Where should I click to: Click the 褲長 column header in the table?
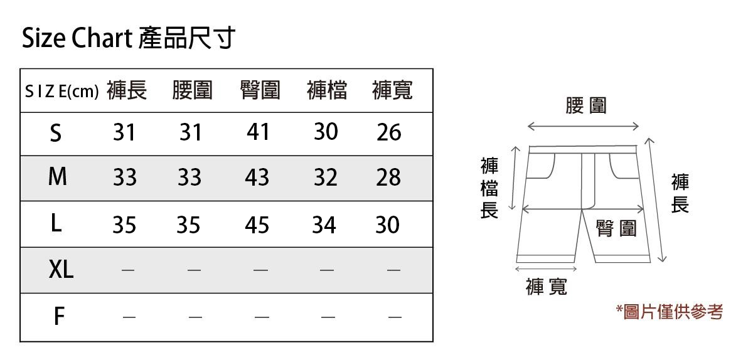point(127,91)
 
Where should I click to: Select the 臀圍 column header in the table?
point(259,91)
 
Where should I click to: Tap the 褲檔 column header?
point(326,91)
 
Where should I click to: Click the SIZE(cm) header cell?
point(61,92)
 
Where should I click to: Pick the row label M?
point(57,177)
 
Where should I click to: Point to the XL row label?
point(61,270)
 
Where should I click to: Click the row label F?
point(58,317)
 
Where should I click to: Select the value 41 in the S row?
point(258,132)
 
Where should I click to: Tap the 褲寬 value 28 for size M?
point(388,178)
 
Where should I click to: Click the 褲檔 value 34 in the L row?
point(324,225)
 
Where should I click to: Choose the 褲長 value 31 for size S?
point(124,132)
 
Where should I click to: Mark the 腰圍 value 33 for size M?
point(189,178)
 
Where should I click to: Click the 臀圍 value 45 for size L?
point(257,225)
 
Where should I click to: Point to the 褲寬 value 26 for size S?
point(388,132)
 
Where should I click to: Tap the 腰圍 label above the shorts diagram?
point(585,105)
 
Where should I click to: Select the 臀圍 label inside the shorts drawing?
point(616,228)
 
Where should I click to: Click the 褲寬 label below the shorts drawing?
point(546,287)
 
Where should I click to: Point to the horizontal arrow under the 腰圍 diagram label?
point(583,127)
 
